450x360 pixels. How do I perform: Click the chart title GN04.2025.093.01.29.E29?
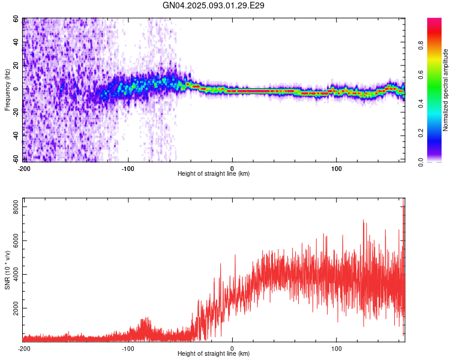213,5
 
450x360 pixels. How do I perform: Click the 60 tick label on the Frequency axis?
16,19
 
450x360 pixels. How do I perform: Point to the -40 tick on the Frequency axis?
16,136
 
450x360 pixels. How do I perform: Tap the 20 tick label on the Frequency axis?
16,65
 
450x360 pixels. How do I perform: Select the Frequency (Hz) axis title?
7,90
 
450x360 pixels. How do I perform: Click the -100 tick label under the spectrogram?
128,169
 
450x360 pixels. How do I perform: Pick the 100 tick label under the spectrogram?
337,169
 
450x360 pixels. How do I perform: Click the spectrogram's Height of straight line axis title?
214,173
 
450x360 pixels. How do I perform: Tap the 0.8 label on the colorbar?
421,46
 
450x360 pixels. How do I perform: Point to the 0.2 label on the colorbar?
421,133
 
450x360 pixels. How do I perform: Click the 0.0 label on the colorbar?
421,162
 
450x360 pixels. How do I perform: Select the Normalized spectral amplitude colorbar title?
445,90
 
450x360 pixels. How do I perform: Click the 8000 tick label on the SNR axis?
16,207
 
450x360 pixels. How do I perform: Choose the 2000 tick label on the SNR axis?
16,308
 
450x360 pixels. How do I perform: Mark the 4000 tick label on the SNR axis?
16,274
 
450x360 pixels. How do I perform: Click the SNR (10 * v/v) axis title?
7,270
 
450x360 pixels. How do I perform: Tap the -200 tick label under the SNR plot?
24,349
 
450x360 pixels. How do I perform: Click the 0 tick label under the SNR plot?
232,349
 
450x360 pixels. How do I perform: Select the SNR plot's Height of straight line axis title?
214,353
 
